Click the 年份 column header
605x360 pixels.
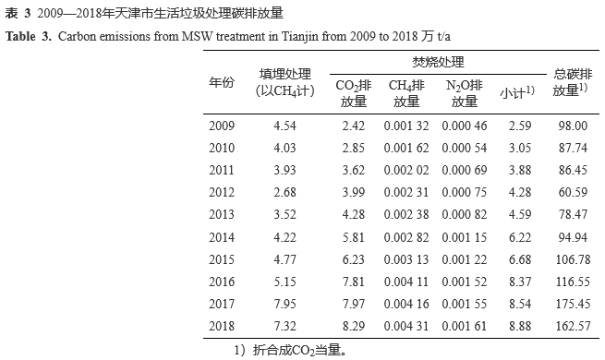click(222, 82)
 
